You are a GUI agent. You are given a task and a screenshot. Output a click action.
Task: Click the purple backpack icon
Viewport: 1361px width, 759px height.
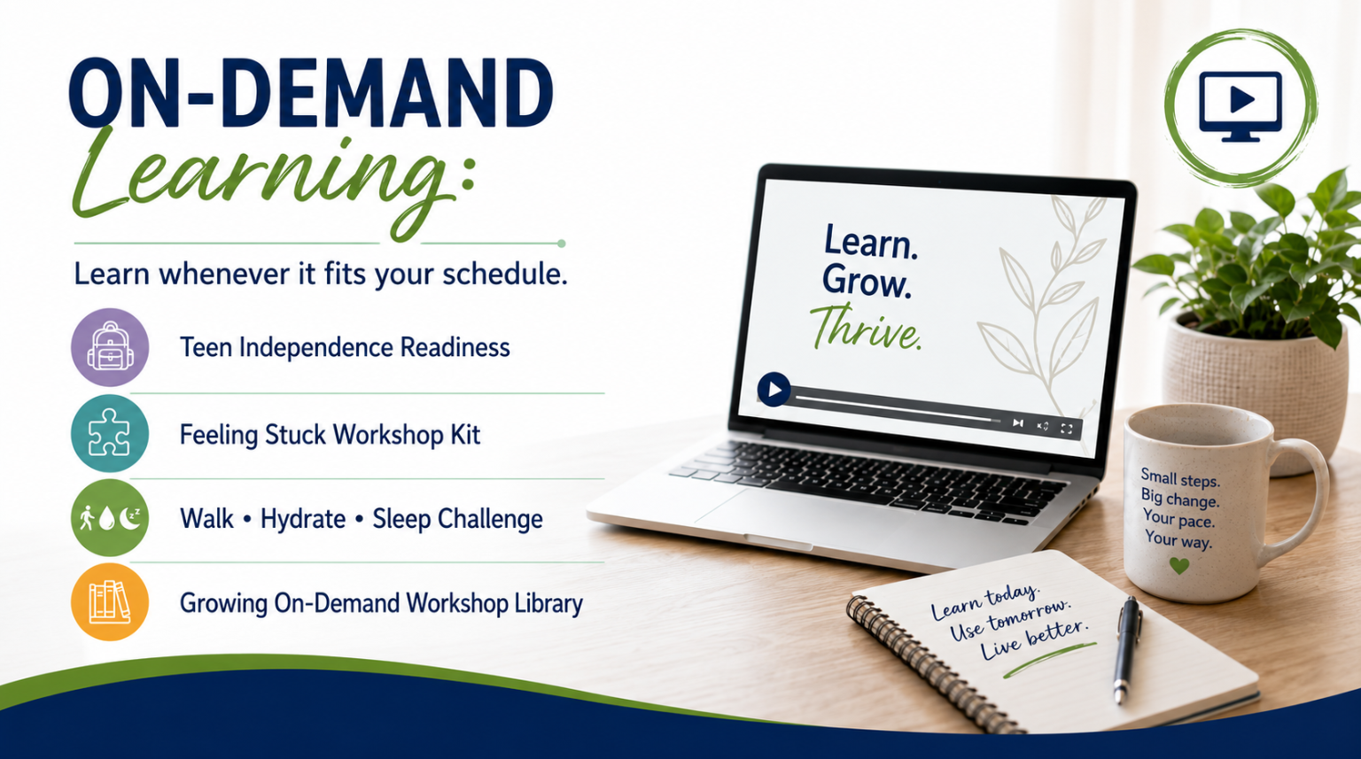(x=110, y=346)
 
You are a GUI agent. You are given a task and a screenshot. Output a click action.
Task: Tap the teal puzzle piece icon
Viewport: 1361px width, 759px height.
(x=110, y=434)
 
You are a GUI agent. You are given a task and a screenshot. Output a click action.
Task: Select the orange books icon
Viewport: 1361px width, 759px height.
(x=110, y=601)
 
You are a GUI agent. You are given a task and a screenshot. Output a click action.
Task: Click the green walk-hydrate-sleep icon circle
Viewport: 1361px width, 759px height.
(x=110, y=517)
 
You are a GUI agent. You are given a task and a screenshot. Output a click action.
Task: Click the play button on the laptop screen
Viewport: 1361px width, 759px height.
(x=774, y=389)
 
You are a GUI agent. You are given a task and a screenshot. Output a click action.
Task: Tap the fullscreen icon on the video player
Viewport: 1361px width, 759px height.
(x=1066, y=429)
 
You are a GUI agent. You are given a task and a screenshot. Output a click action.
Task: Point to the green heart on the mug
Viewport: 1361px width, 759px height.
(x=1179, y=566)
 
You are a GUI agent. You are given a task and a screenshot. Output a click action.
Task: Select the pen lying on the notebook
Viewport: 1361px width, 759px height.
(x=1126, y=648)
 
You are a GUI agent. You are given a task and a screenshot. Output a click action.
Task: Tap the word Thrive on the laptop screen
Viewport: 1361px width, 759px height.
(x=866, y=328)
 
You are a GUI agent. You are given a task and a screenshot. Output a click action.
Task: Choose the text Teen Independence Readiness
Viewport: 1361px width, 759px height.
(x=345, y=347)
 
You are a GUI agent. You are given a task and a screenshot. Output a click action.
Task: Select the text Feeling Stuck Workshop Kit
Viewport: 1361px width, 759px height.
(x=330, y=435)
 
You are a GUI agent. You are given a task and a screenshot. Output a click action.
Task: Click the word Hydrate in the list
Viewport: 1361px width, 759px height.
(x=302, y=520)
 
